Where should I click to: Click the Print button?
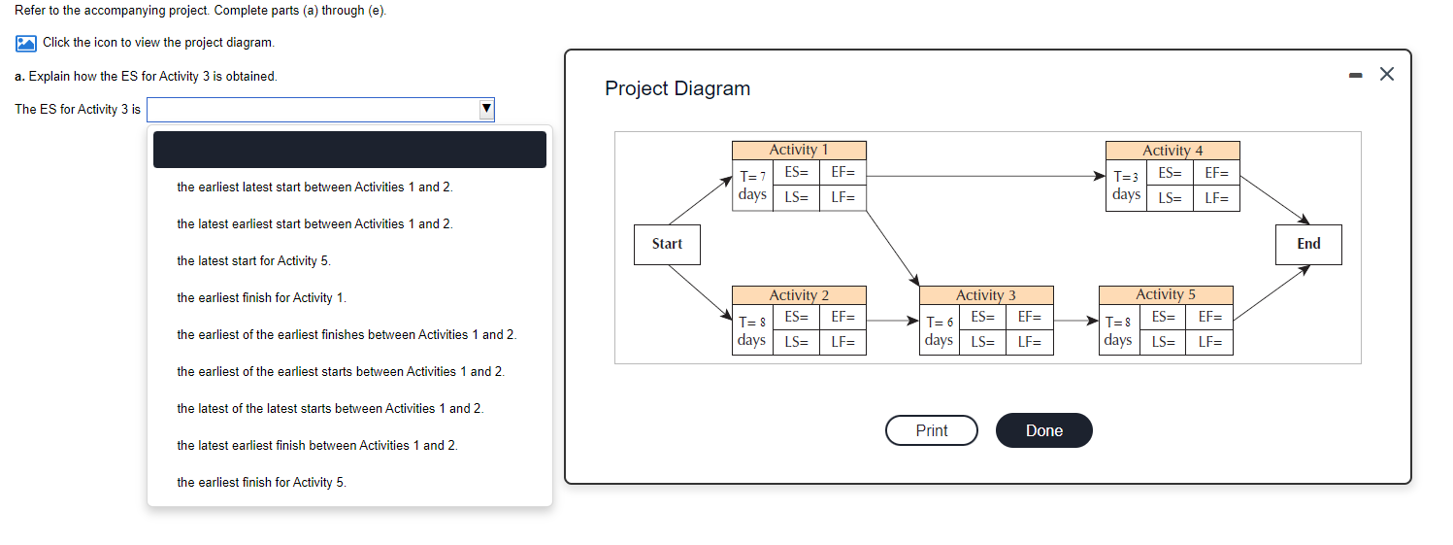(931, 430)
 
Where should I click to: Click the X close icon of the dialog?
(1386, 75)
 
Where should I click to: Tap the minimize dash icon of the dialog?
(1355, 75)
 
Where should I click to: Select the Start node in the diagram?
(667, 244)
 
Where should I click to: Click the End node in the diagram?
(1308, 244)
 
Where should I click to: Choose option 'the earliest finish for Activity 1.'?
(261, 297)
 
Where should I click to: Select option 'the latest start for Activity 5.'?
(253, 260)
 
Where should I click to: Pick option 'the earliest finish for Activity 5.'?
(261, 482)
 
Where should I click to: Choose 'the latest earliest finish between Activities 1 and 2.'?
(316, 445)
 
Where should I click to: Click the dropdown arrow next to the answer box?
(486, 109)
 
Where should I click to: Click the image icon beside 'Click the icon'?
(26, 43)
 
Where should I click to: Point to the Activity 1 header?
(799, 150)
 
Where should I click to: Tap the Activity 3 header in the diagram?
(985, 294)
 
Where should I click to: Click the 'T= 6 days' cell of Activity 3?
(939, 330)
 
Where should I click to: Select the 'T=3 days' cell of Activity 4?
(1126, 186)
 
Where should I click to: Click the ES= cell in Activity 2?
(796, 317)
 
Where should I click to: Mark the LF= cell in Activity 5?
(1209, 342)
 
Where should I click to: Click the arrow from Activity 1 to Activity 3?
(893, 247)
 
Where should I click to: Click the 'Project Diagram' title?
(677, 88)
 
